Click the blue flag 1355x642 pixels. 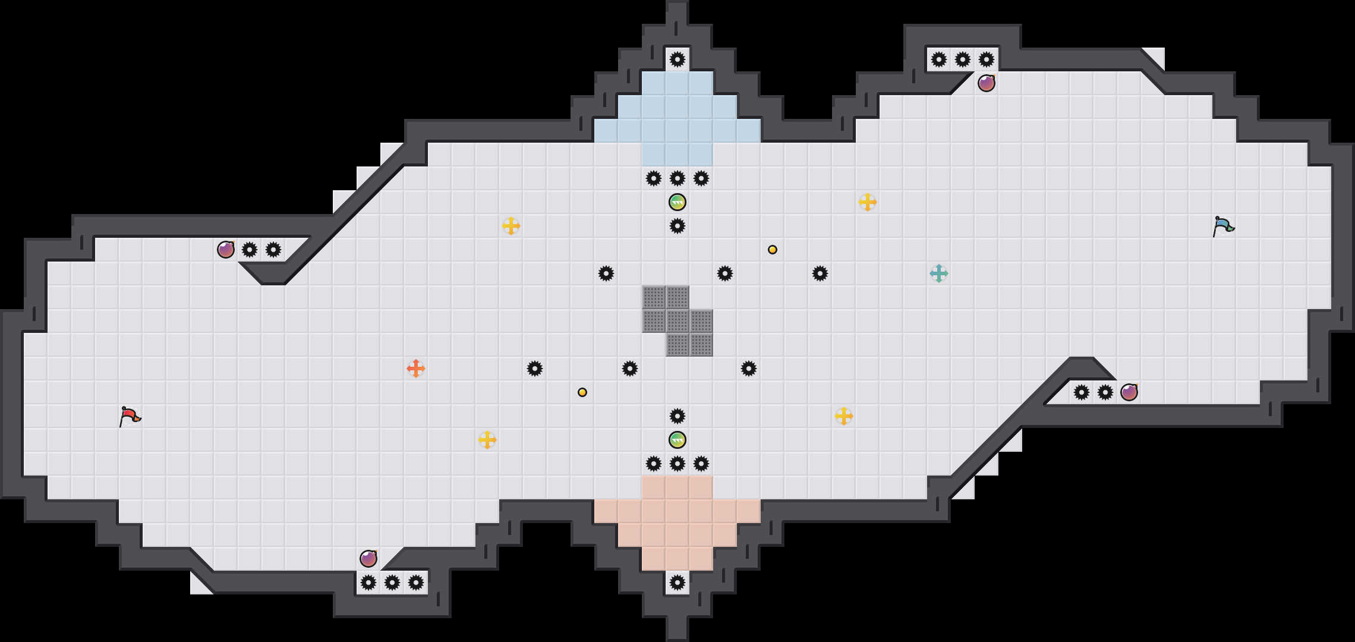tap(1223, 226)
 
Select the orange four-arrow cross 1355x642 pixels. tap(416, 369)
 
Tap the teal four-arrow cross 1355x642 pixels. tap(939, 273)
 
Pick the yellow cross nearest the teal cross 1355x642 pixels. tap(868, 202)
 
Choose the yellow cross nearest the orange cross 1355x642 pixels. tap(487, 440)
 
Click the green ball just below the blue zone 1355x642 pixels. tap(677, 202)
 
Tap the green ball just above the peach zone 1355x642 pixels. tap(677, 440)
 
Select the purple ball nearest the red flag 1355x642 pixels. tap(226, 250)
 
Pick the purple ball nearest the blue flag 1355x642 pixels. tap(1129, 392)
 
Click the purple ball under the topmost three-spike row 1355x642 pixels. tap(987, 83)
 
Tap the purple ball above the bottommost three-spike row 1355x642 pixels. tap(368, 559)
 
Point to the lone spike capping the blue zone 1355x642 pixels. tap(677, 59)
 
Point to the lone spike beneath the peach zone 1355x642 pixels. tap(677, 583)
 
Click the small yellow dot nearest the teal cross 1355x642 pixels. tap(773, 250)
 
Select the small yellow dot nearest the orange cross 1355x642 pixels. tap(582, 392)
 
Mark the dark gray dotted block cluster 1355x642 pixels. tap(677, 321)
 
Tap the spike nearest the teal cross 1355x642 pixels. tap(820, 273)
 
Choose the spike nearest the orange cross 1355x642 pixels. tap(535, 369)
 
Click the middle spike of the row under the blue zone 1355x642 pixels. tap(677, 178)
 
